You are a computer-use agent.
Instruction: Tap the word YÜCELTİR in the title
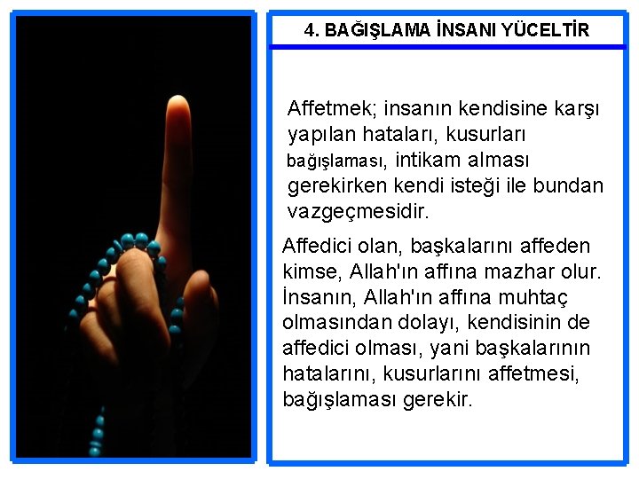click(x=545, y=31)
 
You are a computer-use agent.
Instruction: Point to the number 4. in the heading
click(x=312, y=31)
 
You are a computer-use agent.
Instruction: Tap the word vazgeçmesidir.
click(x=359, y=212)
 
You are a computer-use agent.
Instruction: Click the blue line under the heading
click(x=447, y=47)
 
